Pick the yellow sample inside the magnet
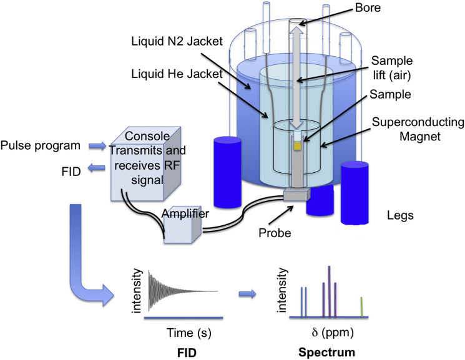298,145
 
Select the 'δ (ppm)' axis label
327,331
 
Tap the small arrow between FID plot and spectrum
248,291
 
